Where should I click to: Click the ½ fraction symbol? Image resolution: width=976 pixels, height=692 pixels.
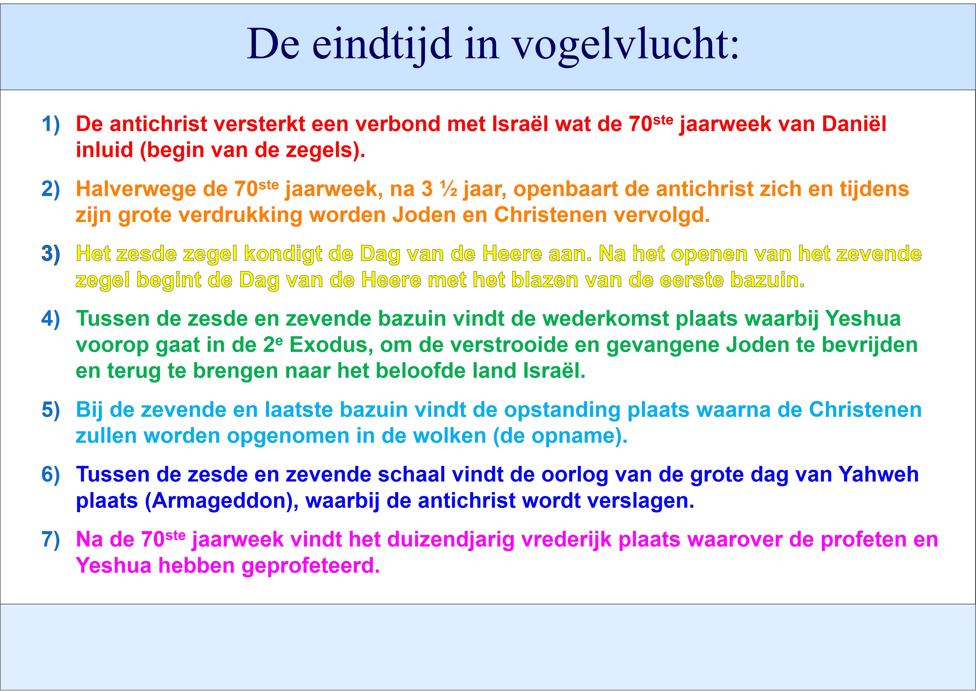(x=449, y=189)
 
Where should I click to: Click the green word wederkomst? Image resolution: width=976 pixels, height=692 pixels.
(x=606, y=319)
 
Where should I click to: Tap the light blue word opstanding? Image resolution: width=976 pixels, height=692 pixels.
(x=562, y=410)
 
